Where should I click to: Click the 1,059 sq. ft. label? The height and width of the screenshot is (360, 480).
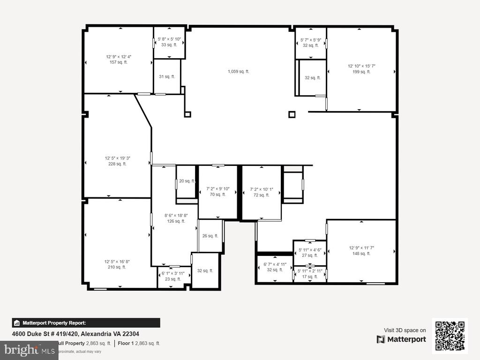coord(238,72)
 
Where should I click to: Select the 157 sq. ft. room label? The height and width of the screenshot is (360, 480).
coord(118,62)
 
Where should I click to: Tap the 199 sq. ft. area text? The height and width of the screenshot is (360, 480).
coord(361,72)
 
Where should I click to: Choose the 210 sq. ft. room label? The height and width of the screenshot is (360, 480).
coord(115,267)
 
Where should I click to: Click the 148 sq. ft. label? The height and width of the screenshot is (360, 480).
coord(361,254)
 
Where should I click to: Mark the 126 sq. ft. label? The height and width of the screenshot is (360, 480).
coord(174,221)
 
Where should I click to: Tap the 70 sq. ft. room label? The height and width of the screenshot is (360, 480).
coord(217,195)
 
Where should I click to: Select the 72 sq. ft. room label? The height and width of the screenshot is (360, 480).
coord(261,195)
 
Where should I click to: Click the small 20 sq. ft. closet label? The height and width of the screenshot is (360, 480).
coord(187,181)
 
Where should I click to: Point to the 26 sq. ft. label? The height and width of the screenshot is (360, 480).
coord(210,236)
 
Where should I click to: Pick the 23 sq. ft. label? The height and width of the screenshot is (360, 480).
coord(172,279)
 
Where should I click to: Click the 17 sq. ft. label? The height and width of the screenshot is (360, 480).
coord(309,277)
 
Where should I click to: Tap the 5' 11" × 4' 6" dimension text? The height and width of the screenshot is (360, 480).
coord(309,250)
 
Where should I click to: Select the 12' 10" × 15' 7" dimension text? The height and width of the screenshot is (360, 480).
coord(361,66)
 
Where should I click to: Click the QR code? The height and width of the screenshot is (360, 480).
coord(450,335)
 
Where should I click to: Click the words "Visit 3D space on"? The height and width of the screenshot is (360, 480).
coord(405,330)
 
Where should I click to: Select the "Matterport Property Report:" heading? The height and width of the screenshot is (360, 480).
coord(54,323)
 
